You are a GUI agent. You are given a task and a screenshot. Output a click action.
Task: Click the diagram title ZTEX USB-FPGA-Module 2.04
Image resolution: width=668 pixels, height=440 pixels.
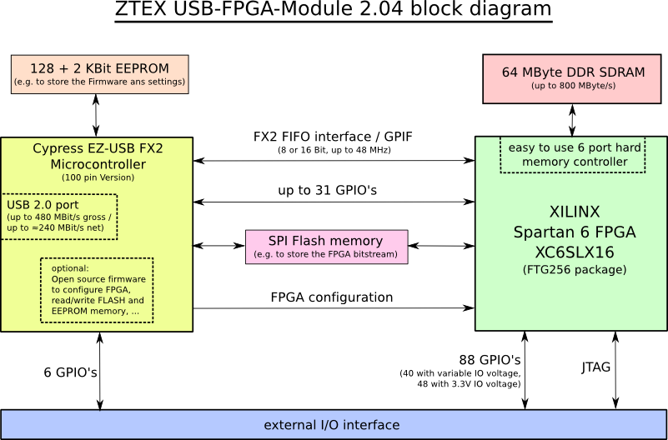tap(334, 11)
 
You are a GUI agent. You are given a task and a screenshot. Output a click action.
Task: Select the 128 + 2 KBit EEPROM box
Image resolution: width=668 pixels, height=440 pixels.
tap(98, 74)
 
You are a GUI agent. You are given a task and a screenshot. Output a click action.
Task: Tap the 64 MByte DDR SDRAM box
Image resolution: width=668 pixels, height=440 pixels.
tap(572, 77)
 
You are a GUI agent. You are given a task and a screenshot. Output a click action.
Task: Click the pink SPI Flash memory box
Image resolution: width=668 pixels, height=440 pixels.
tap(327, 247)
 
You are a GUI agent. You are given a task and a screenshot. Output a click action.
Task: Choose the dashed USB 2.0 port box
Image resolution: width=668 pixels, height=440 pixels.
tap(58, 216)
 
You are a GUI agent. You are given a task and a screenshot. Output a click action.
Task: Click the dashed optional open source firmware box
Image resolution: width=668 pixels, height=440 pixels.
tap(97, 289)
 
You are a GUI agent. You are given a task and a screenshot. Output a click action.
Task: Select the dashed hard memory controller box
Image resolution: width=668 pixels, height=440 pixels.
tap(572, 154)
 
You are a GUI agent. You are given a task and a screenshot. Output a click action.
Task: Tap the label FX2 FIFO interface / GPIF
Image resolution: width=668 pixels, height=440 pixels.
tap(334, 136)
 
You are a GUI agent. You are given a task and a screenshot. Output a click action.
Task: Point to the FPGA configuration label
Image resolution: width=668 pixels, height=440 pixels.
tap(331, 297)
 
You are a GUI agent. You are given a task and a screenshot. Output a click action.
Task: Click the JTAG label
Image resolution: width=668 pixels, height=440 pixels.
tap(595, 367)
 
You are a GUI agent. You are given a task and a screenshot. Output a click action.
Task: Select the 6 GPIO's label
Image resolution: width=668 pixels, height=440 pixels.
tap(70, 372)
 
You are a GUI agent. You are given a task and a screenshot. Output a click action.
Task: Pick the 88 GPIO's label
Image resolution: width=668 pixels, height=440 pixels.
tap(490, 360)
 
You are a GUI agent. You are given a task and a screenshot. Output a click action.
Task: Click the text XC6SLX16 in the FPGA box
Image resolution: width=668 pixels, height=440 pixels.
tap(575, 252)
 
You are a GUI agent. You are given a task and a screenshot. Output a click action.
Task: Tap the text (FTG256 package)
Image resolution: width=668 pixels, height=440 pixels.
tap(575, 270)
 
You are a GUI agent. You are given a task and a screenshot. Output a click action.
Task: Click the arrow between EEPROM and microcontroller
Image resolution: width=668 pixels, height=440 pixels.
tap(97, 115)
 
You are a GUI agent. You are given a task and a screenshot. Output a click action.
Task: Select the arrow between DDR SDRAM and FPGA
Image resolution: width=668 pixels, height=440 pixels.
tap(572, 119)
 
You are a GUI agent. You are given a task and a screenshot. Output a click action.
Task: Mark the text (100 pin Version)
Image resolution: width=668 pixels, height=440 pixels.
tap(98, 177)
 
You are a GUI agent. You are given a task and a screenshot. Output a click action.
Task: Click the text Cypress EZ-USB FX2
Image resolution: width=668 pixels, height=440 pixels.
tap(98, 148)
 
